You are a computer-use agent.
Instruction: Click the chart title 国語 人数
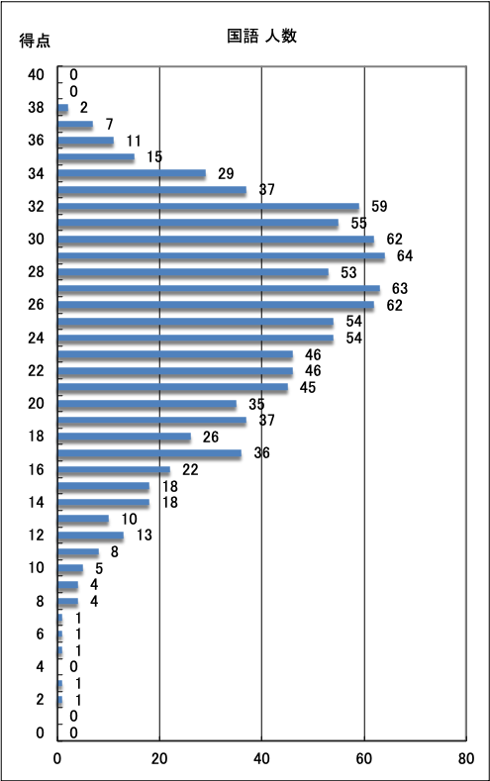click(262, 36)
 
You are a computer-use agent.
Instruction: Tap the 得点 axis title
click(35, 41)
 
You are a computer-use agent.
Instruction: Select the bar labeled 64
click(221, 256)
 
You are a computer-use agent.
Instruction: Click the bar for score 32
click(208, 207)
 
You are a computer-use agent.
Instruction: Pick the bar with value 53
click(193, 272)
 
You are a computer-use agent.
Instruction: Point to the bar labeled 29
click(132, 174)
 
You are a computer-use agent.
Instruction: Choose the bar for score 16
click(114, 470)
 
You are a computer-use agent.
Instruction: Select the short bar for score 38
click(62, 108)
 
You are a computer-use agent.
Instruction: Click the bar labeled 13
click(91, 536)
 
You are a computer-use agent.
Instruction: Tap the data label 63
click(399, 288)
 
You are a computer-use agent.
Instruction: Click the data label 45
click(308, 387)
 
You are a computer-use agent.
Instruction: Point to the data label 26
click(211, 437)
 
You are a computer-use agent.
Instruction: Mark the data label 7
click(109, 124)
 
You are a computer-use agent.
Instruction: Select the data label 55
click(358, 223)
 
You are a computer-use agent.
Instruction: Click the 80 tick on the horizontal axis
click(466, 758)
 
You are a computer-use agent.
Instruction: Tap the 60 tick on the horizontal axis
click(364, 758)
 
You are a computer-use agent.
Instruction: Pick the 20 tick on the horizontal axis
click(159, 758)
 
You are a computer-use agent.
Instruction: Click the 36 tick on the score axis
click(36, 141)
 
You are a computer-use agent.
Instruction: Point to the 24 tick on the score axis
click(36, 338)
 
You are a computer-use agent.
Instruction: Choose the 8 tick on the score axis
click(40, 601)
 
